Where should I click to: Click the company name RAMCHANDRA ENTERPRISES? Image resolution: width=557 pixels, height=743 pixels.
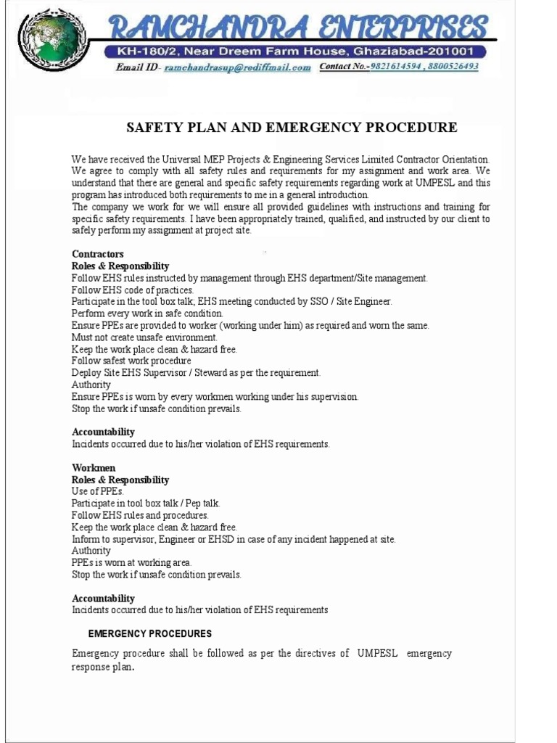click(297, 28)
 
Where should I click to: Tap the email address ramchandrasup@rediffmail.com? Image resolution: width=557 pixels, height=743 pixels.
click(238, 67)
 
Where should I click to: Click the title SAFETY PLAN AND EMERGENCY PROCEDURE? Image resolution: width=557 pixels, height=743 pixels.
click(292, 128)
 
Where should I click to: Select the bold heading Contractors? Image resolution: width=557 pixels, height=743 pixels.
click(98, 255)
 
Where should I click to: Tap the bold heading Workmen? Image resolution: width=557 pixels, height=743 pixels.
click(94, 468)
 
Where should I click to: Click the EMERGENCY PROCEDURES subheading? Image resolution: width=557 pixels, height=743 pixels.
click(150, 634)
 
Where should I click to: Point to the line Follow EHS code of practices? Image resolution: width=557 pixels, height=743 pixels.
click(133, 290)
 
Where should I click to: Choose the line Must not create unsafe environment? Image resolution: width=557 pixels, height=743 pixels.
click(144, 337)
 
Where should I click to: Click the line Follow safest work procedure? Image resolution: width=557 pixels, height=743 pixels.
click(131, 361)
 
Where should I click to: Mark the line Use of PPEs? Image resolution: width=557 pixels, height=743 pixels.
click(98, 492)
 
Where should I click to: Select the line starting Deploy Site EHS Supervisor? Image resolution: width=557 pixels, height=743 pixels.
click(196, 373)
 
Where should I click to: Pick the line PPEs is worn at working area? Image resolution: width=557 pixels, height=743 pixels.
click(131, 562)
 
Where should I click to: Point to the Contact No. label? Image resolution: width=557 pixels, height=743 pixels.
click(344, 67)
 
